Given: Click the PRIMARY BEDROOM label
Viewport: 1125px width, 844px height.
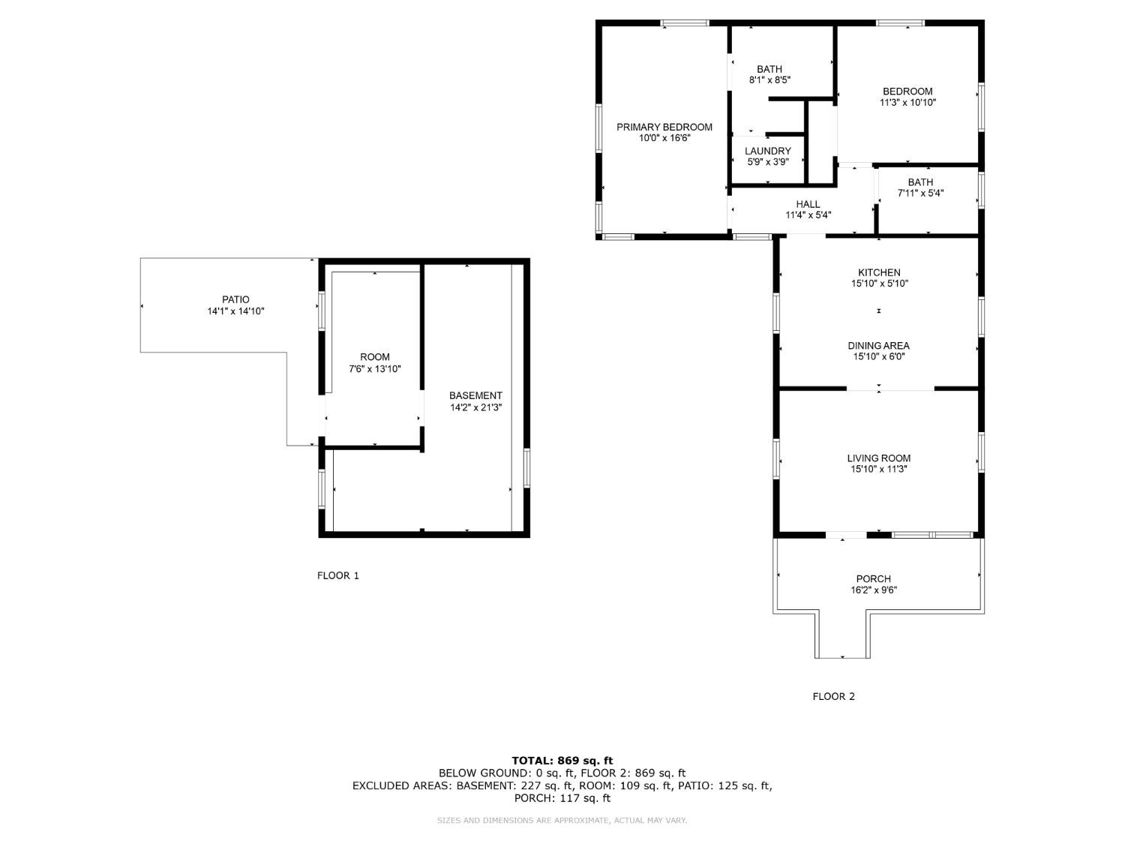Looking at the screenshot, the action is click(664, 127).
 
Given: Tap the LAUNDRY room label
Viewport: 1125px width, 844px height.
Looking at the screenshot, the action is click(767, 152).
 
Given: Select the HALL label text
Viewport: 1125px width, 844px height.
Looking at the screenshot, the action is click(808, 205).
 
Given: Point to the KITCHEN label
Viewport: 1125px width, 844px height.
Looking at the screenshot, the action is click(879, 272).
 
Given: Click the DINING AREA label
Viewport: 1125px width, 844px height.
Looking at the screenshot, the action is click(878, 346).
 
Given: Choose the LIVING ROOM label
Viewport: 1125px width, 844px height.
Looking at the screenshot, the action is click(878, 458).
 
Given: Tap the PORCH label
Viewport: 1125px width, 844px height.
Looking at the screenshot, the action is click(873, 579).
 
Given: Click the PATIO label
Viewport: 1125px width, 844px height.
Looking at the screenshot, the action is click(235, 300).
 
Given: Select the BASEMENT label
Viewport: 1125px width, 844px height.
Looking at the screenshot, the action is click(475, 395).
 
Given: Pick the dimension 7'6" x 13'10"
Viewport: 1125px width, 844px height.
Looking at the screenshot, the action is click(375, 369).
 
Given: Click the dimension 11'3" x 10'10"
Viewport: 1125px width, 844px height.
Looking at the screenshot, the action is click(907, 103).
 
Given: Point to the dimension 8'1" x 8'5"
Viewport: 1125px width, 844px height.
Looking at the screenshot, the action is click(769, 80).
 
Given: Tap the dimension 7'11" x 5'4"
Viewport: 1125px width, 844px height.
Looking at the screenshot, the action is click(920, 194).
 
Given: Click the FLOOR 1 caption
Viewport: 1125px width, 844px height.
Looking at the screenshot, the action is click(338, 575).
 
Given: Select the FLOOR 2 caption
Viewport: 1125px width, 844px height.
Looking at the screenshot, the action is click(834, 696).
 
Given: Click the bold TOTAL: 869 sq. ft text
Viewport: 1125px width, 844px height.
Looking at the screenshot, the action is click(562, 761).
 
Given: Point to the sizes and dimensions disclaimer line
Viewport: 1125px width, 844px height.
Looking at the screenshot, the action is click(562, 821).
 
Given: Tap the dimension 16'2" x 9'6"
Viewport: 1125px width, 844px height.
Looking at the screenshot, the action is click(874, 590).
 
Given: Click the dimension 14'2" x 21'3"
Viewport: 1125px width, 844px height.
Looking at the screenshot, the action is click(475, 408).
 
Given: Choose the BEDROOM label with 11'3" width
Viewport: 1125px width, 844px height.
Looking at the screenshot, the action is click(907, 92).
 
